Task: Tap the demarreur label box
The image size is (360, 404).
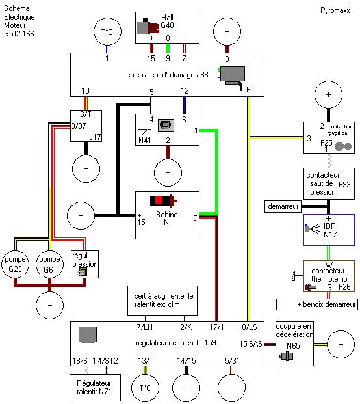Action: [282, 206]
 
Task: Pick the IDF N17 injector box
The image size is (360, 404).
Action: [328, 230]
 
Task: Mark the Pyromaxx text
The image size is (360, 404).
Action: [335, 11]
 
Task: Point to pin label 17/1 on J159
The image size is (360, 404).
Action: [217, 327]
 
